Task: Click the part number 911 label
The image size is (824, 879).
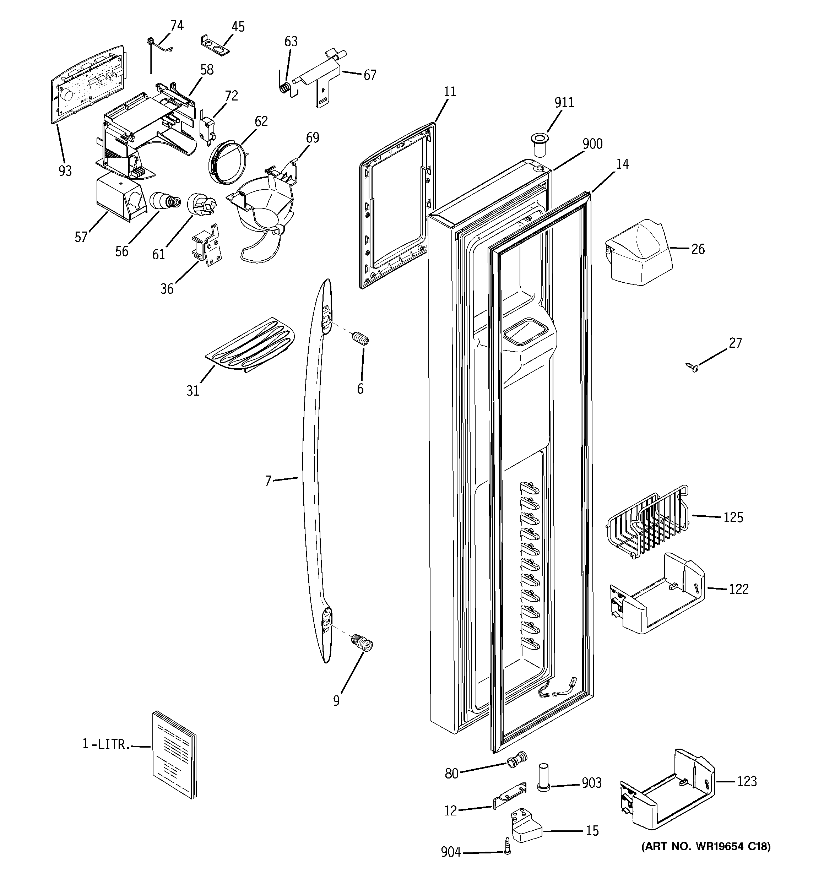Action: click(x=564, y=103)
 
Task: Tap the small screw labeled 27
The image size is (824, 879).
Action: click(x=692, y=367)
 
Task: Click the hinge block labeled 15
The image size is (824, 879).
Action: click(x=526, y=825)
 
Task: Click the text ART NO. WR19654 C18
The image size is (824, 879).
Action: click(x=705, y=846)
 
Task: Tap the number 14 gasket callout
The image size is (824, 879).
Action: click(x=622, y=164)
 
